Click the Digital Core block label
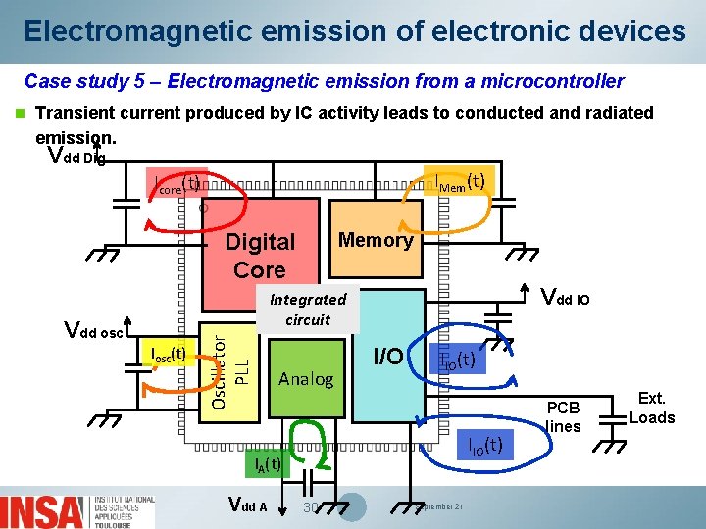[260, 256]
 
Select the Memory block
[376, 240]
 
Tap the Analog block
[306, 379]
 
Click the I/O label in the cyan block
[388, 357]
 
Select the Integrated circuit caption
[308, 310]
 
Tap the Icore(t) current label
[176, 183]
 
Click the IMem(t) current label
[460, 181]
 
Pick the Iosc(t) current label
[165, 354]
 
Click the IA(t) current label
[267, 463]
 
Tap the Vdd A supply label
[247, 505]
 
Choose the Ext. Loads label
[652, 408]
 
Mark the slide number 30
[311, 507]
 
